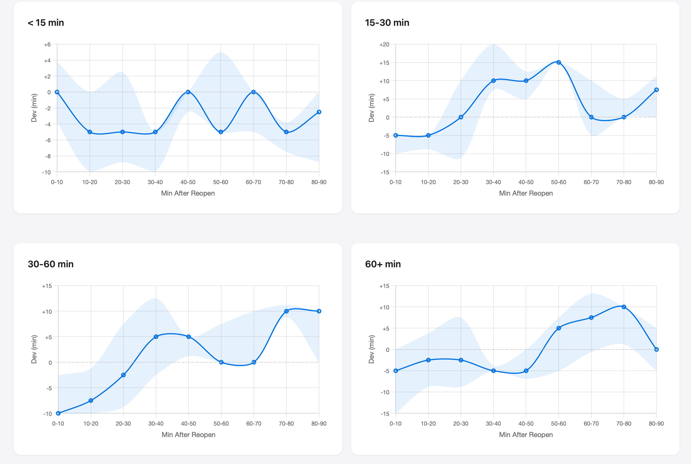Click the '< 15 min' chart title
(46, 23)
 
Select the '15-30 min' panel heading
(387, 23)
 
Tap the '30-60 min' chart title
(51, 264)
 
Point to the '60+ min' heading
(383, 264)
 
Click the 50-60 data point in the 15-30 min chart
(559, 63)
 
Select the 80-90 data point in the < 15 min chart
(319, 112)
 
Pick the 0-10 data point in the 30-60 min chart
(58, 413)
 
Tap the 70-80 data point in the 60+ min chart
(624, 307)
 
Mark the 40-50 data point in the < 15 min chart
(188, 92)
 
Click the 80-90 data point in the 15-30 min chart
(656, 90)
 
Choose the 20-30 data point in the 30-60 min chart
(123, 375)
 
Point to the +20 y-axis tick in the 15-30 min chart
(384, 45)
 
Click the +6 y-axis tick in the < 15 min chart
(47, 45)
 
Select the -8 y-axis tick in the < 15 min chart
(48, 156)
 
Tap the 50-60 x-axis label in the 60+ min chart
(559, 424)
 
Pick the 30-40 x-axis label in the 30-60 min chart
(156, 424)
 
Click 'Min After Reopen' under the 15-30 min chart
(526, 193)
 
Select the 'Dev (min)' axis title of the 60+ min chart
(372, 349)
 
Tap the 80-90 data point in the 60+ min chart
(656, 350)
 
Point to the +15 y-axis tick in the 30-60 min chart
(47, 286)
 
